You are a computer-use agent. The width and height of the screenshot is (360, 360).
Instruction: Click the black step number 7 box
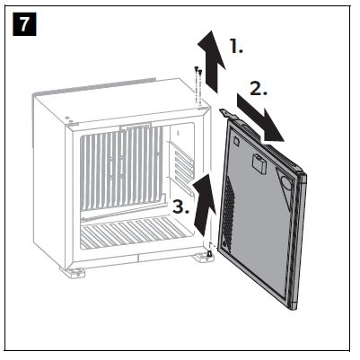[24, 24]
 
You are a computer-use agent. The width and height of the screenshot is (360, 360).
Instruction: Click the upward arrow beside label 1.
[212, 61]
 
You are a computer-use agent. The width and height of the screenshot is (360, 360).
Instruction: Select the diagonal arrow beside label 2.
[260, 118]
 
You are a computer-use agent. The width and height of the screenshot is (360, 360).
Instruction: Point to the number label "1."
[236, 47]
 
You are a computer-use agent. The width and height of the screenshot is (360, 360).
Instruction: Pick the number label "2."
[259, 89]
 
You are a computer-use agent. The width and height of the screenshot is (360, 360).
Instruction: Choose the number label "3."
[180, 206]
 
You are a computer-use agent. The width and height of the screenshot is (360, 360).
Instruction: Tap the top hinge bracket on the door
[228, 114]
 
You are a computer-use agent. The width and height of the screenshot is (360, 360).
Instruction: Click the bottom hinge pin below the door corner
[209, 255]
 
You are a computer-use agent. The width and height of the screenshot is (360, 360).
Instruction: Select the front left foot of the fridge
[73, 272]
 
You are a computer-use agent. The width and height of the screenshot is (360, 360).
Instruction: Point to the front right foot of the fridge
[204, 258]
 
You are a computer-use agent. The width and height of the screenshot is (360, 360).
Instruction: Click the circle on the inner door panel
[286, 182]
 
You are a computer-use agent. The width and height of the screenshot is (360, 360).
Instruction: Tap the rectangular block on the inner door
[259, 163]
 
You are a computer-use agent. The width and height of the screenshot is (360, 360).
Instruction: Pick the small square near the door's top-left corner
[236, 140]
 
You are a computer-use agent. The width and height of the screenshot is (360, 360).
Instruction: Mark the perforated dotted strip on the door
[229, 213]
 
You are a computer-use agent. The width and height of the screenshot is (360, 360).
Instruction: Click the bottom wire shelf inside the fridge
[136, 233]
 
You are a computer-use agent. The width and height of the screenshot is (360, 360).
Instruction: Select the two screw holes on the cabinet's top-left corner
[68, 119]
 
